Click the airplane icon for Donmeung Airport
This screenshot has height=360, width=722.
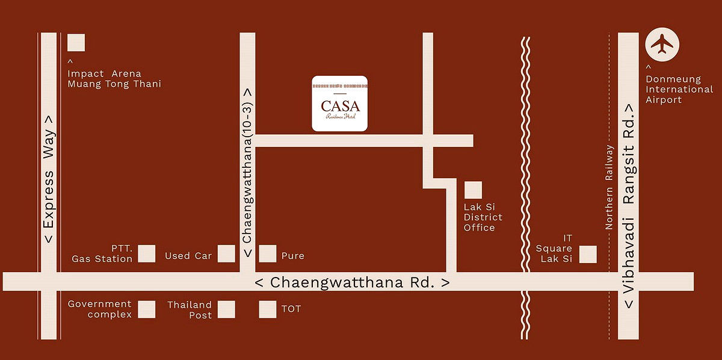662,44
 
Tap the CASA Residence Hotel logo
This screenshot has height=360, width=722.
339,104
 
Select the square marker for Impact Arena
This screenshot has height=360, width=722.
76,43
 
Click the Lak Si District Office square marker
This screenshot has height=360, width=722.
473,190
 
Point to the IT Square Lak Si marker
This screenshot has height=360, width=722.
588,254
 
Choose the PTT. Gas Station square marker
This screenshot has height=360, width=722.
147,253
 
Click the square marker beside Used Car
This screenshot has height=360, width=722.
226,253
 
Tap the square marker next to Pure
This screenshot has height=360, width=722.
268,253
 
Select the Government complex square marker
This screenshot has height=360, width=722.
147,309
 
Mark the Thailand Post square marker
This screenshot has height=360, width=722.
226,309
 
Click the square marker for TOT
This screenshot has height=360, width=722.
268,309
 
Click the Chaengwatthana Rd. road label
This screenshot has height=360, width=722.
352,282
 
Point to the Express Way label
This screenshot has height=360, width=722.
48,179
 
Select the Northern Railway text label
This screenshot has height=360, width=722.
609,187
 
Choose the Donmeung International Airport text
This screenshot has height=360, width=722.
679,90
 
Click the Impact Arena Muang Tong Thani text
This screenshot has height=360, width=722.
114,79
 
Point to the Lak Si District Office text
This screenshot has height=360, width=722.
483,217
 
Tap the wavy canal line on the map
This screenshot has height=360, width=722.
525,181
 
